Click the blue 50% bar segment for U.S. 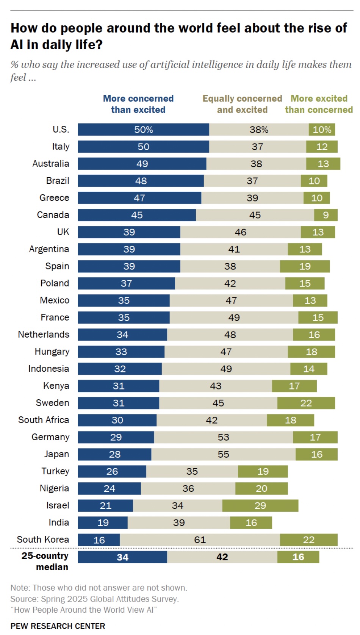pyautogui.click(x=143, y=130)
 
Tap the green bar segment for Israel pyautogui.click(x=260, y=505)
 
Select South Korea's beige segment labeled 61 pyautogui.click(x=200, y=540)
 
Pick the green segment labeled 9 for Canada pyautogui.click(x=326, y=215)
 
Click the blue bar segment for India pyautogui.click(x=103, y=522)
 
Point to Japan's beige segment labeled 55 pyautogui.click(x=223, y=454)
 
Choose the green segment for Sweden pyautogui.click(x=306, y=403)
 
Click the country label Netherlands pyautogui.click(x=44, y=335)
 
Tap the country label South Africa pyautogui.click(x=44, y=420)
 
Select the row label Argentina pyautogui.click(x=49, y=249)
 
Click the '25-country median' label pyautogui.click(x=45, y=561)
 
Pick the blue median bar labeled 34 pyautogui.click(x=122, y=557)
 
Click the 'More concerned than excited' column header pyautogui.click(x=138, y=104)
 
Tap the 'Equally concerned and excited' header pyautogui.click(x=242, y=104)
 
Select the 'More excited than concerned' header pyautogui.click(x=319, y=104)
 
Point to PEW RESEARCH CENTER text pyautogui.click(x=58, y=626)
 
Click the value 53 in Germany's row pyautogui.click(x=223, y=437)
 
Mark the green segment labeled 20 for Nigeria pyautogui.click(x=261, y=488)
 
